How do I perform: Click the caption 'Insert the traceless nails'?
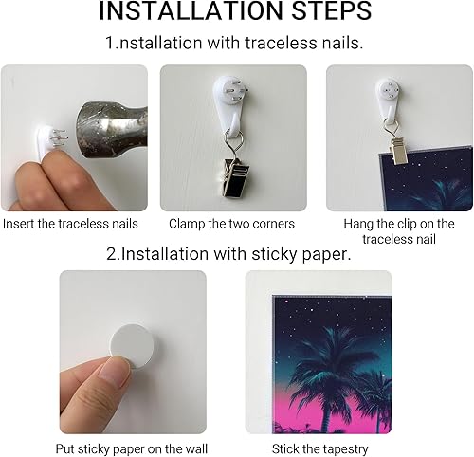[x=70, y=225]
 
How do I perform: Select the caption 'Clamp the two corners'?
[x=231, y=225]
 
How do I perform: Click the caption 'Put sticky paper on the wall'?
[x=133, y=448]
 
